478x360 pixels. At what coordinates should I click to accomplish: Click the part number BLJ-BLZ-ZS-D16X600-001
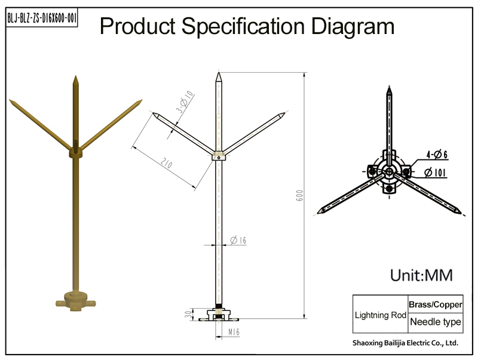[42, 18]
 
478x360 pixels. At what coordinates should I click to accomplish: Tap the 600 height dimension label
[299, 196]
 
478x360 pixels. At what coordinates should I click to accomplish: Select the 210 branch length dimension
[167, 164]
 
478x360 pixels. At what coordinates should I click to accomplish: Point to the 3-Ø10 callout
[185, 101]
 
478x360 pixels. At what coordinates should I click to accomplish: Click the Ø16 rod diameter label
[238, 241]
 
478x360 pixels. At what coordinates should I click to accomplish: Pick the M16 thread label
[234, 332]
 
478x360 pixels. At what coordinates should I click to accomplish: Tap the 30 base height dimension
[189, 314]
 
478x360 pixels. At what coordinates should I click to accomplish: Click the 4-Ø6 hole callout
[437, 155]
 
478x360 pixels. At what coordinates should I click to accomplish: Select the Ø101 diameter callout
[435, 173]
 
